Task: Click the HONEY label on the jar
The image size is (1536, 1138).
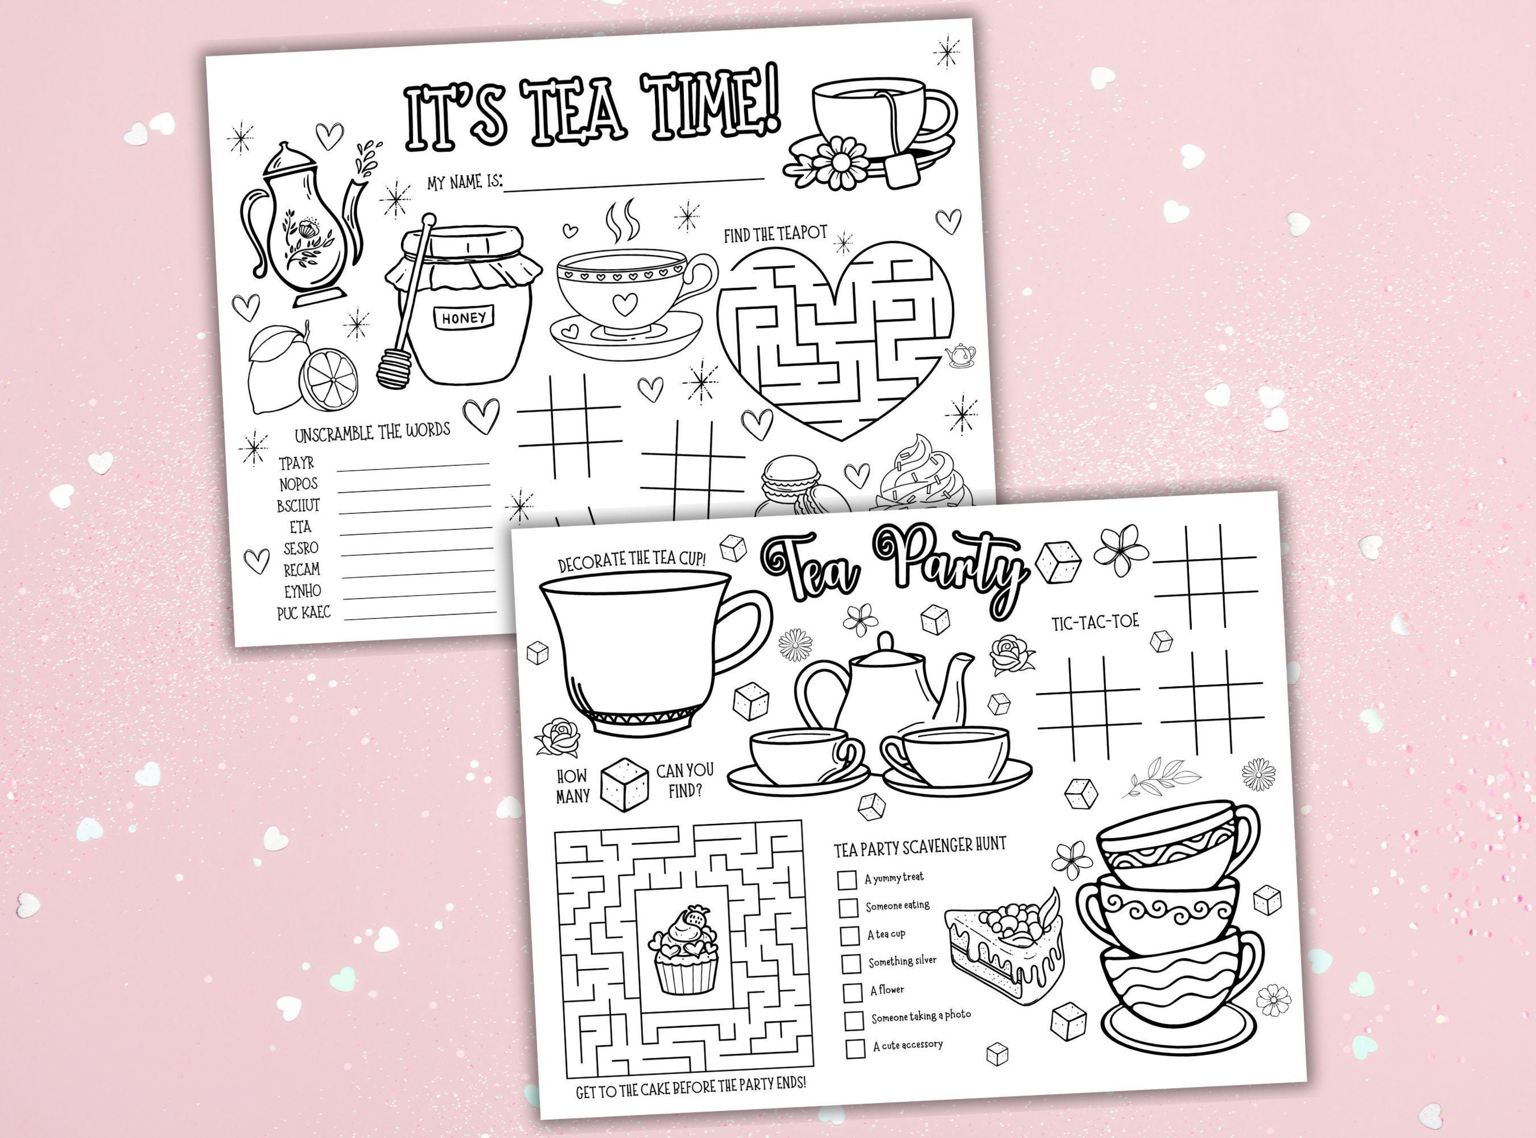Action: pos(464,318)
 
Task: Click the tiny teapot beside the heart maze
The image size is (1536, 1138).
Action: pos(961,354)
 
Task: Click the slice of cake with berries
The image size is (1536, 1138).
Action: pos(1004,948)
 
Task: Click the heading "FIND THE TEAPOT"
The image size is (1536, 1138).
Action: pos(775,234)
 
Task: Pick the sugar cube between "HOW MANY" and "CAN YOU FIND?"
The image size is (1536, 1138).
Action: pos(625,784)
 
